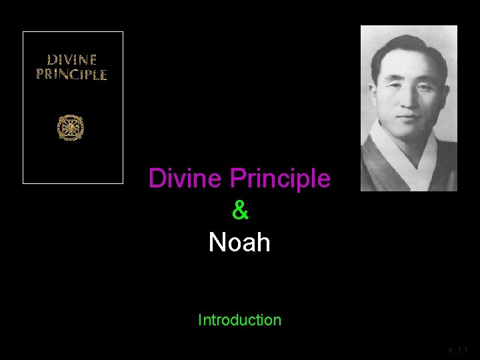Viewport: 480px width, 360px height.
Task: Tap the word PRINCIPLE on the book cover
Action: coord(71,75)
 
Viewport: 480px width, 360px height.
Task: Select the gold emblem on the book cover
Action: coord(70,127)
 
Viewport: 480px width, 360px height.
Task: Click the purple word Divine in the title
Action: coord(186,179)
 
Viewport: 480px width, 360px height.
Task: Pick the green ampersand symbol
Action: coord(240,211)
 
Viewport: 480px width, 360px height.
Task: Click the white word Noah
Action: coord(239,243)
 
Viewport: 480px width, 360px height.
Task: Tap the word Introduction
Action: coord(239,320)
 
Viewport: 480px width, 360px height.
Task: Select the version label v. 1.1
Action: coord(458,349)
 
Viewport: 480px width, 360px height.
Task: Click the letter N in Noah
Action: coord(217,243)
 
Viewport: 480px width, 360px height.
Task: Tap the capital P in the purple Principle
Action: coord(236,179)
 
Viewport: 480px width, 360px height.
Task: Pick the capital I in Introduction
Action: coord(200,320)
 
